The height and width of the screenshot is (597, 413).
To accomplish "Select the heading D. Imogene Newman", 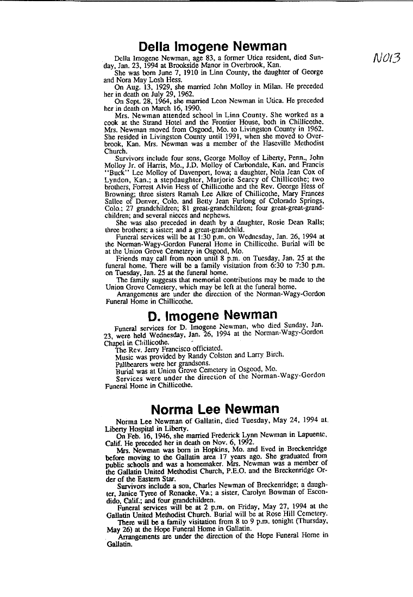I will tap(212, 315).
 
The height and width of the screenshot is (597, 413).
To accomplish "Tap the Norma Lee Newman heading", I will tap(215, 408).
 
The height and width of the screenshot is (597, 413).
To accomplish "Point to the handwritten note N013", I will tap(387, 56).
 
